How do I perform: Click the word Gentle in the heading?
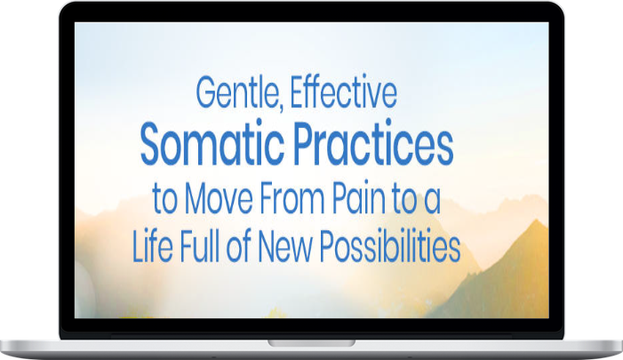[236, 93]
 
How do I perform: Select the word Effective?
[344, 93]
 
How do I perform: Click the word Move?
[219, 198]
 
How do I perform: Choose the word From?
[292, 198]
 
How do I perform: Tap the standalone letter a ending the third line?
[432, 203]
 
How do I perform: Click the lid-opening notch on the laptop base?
[311, 343]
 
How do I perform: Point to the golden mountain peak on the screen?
[537, 221]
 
